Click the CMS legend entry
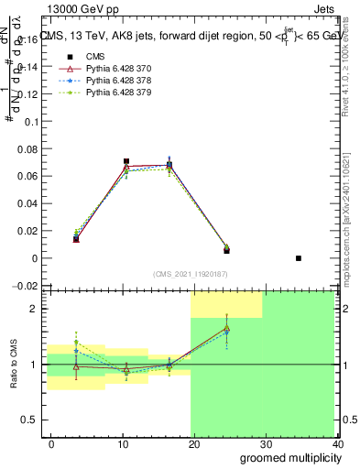pos(82,57)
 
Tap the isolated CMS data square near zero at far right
pos(299,258)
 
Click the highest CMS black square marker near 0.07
pos(126,161)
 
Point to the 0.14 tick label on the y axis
pos(28,67)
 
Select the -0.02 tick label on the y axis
pos(27,286)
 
